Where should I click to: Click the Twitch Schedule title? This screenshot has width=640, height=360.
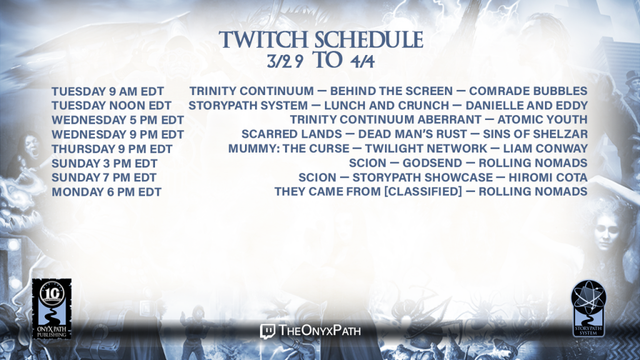321,40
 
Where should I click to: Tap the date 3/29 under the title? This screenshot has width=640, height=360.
285,61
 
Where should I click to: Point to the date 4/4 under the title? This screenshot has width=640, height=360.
362,61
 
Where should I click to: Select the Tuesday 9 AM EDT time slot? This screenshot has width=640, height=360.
107,91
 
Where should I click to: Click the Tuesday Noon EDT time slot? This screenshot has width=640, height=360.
111,106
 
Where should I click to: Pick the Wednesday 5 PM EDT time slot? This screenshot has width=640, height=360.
117,120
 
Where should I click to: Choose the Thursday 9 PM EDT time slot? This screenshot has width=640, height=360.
112,149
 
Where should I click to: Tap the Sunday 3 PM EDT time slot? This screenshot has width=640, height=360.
104,163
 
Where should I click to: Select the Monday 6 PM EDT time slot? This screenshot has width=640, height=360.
106,192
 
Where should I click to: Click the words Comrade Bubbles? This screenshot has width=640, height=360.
528,91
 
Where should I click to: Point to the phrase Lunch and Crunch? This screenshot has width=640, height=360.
386,105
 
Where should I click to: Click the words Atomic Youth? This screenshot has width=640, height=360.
542,119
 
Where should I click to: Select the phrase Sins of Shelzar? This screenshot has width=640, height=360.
535,134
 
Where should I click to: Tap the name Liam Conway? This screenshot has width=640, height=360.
545,148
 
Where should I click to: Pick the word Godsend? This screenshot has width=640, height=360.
432,163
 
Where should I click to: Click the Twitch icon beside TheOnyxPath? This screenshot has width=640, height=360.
267,331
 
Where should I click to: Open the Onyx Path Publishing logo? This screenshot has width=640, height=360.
52,309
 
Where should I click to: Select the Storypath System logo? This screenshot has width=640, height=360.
588,308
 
